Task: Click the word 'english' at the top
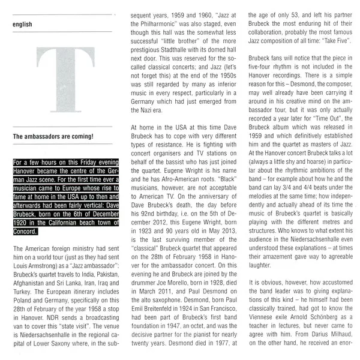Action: click(23, 25)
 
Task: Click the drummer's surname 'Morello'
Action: click(189, 295)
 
